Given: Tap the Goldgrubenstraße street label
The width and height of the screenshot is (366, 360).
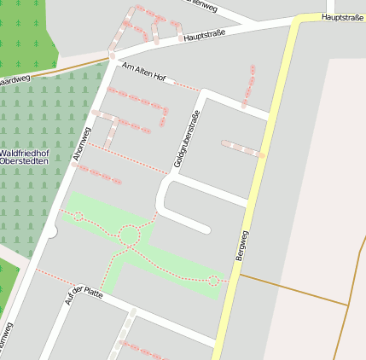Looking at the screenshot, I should tap(187, 139).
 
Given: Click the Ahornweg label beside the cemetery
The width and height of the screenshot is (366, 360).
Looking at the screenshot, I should tap(81, 143).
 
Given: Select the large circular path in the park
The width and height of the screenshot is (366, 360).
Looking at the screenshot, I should tap(130, 235).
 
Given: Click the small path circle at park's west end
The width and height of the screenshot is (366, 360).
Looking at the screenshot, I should tap(78, 217).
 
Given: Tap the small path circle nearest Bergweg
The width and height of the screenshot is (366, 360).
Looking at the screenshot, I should tap(213, 280).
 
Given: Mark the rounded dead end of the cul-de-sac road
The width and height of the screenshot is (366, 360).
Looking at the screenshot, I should tap(205, 229).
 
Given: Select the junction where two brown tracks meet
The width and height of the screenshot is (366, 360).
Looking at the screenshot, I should tap(349, 305).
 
